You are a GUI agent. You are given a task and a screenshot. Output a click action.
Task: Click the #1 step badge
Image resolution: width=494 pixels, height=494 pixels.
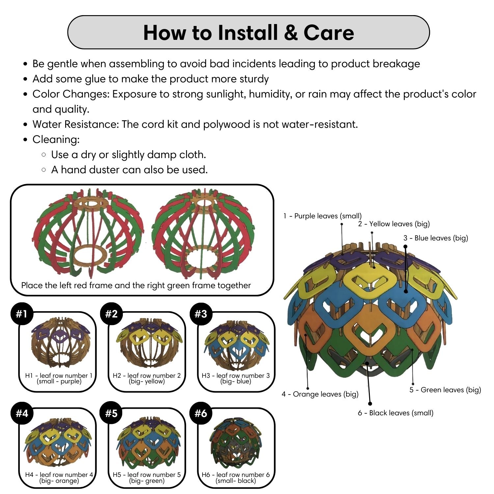pyautogui.click(x=22, y=314)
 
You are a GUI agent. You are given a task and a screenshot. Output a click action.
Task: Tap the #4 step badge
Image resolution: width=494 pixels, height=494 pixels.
pyautogui.click(x=22, y=413)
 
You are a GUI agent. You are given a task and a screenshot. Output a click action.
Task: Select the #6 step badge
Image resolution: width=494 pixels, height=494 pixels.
pyautogui.click(x=201, y=413)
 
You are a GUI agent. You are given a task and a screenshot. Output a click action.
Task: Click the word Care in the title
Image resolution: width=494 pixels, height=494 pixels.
pyautogui.click(x=328, y=33)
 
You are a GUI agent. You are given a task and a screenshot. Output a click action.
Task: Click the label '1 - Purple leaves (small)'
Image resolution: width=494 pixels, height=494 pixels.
pyautogui.click(x=322, y=216)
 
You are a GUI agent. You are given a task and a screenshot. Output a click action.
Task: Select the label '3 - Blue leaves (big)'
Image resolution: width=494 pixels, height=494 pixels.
pyautogui.click(x=435, y=238)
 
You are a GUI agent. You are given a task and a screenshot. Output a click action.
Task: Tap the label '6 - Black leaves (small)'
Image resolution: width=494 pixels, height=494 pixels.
pyautogui.click(x=395, y=413)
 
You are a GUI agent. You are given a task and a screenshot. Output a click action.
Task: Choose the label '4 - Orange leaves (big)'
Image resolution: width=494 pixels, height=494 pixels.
pyautogui.click(x=320, y=394)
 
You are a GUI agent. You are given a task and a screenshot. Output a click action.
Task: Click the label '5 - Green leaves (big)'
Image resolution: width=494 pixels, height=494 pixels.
pyautogui.click(x=445, y=390)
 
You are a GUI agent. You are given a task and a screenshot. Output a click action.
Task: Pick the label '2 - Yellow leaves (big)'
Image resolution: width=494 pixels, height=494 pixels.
pyautogui.click(x=394, y=224)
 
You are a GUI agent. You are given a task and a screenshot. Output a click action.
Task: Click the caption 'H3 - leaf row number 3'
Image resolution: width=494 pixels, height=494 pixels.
pyautogui.click(x=235, y=376)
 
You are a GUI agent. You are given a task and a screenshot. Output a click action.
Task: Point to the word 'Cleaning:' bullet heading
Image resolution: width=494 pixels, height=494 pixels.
pyautogui.click(x=56, y=140)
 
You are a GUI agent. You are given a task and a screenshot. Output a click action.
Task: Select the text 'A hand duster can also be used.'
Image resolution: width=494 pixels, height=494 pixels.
pyautogui.click(x=129, y=170)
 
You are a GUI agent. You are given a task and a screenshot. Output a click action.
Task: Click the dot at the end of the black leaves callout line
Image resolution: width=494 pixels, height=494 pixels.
pyautogui.click(x=370, y=403)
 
